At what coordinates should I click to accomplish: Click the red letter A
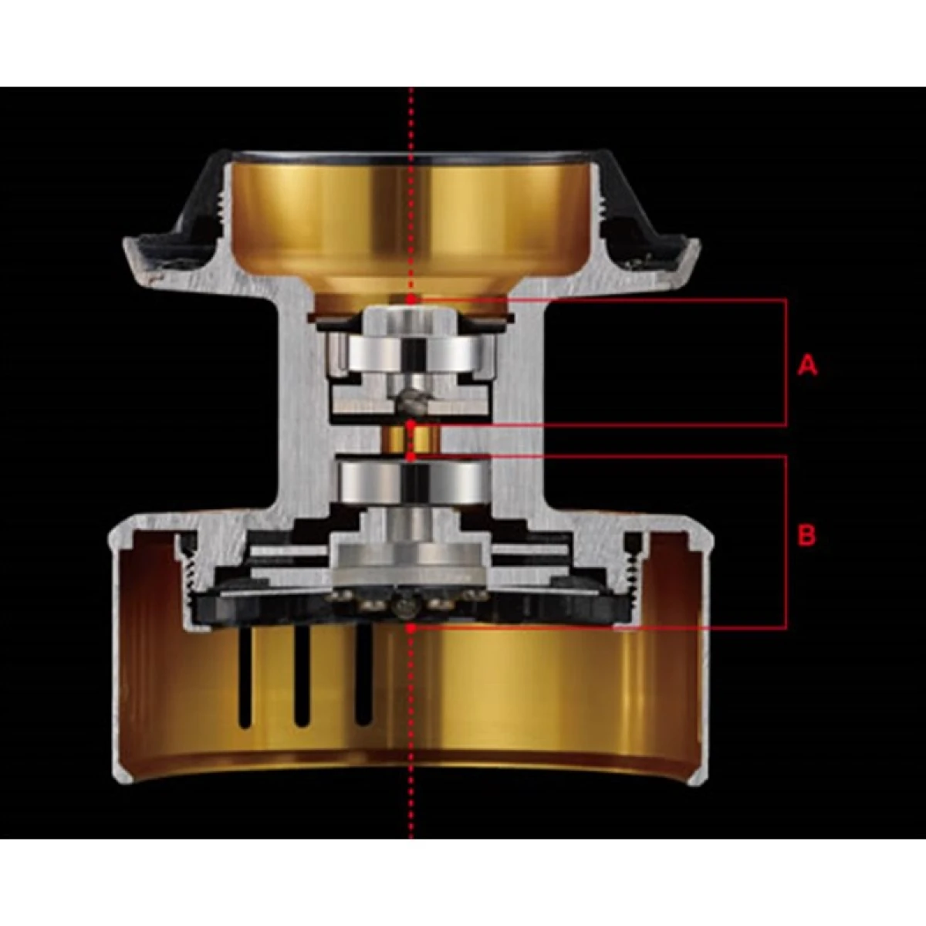pyautogui.click(x=807, y=367)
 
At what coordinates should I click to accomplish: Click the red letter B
pyautogui.click(x=807, y=535)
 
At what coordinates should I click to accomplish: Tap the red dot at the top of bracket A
pyautogui.click(x=411, y=299)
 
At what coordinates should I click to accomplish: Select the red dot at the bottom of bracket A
pyautogui.click(x=411, y=424)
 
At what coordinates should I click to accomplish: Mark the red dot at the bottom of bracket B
pyautogui.click(x=411, y=627)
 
